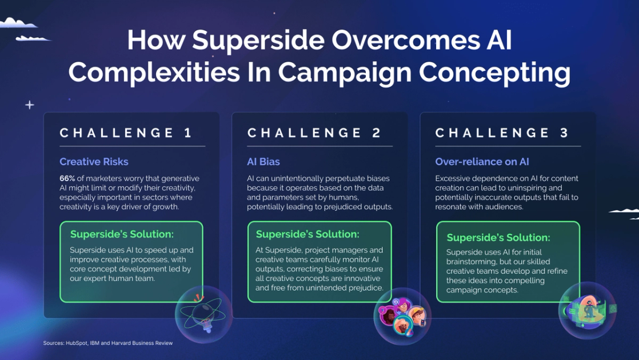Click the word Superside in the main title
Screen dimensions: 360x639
click(x=249, y=41)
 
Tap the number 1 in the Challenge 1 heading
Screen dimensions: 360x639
click(x=188, y=133)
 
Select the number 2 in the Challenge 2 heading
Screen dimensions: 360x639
click(x=377, y=133)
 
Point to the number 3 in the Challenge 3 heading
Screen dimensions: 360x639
click(x=564, y=133)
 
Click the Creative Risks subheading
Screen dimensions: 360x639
click(x=94, y=162)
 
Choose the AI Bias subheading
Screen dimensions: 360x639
click(x=263, y=162)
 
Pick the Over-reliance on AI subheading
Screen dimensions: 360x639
click(x=482, y=162)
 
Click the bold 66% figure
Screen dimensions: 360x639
click(x=68, y=178)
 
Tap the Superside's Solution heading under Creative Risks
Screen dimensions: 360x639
click(x=122, y=234)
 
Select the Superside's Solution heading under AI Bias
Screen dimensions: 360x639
click(x=307, y=234)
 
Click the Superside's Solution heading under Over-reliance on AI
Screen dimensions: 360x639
click(x=498, y=237)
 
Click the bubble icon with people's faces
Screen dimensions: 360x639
click(x=402, y=316)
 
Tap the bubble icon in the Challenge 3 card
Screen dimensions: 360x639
click(x=586, y=310)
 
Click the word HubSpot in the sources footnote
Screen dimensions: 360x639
click(x=77, y=343)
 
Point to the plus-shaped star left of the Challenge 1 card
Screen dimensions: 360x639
click(x=30, y=105)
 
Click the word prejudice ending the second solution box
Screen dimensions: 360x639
click(x=365, y=288)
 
